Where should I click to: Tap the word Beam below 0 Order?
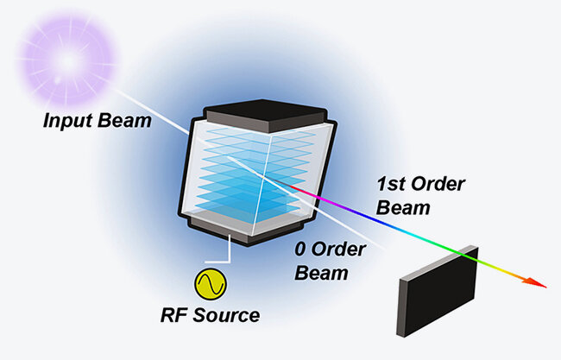click(x=320, y=275)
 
